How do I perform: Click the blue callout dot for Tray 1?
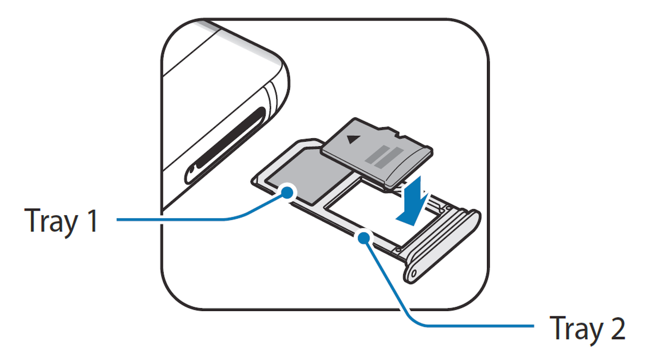click(288, 192)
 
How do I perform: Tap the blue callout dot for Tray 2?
click(363, 238)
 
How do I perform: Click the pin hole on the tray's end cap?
click(414, 275)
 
